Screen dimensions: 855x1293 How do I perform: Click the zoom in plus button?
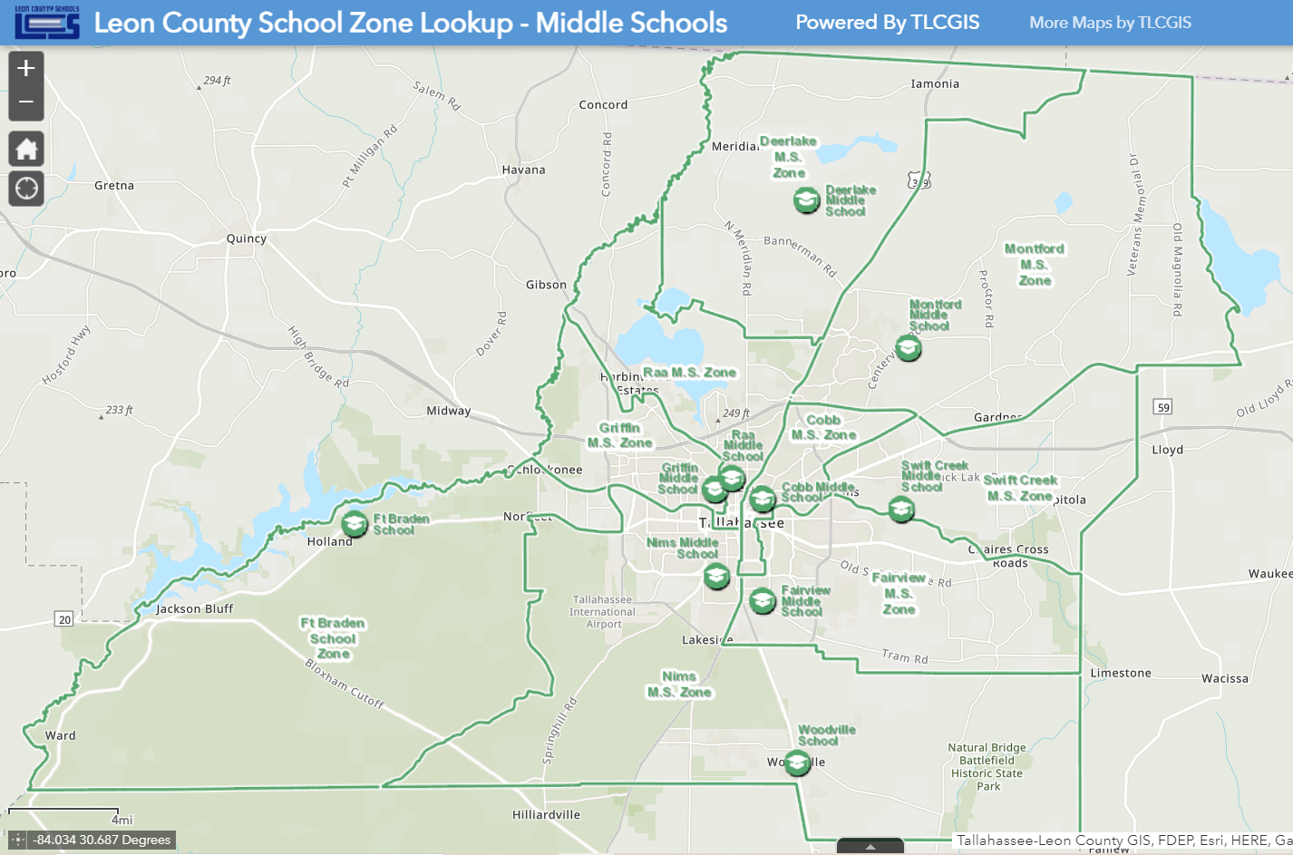click(x=26, y=68)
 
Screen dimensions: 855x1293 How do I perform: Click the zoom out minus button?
click(x=26, y=102)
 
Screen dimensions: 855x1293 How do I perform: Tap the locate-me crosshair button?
click(x=26, y=188)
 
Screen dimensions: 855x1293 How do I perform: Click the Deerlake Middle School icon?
click(x=806, y=200)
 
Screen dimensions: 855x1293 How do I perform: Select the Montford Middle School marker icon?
click(x=909, y=348)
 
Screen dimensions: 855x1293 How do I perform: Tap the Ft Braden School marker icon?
click(x=355, y=524)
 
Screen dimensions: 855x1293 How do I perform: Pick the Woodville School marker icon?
click(x=797, y=763)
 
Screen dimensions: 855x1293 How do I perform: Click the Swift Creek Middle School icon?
click(x=900, y=510)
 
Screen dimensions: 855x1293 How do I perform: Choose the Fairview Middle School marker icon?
click(x=763, y=600)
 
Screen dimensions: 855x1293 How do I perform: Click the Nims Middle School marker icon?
click(x=716, y=576)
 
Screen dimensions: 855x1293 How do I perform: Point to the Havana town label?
click(x=523, y=170)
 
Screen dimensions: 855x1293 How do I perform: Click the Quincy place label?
click(x=247, y=238)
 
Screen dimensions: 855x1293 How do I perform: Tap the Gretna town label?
click(x=114, y=186)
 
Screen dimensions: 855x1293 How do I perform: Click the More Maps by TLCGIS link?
click(x=1110, y=23)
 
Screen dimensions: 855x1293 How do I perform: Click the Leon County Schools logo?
click(x=47, y=23)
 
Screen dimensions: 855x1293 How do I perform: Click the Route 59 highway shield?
click(x=1163, y=407)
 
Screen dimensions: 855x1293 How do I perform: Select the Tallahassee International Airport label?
click(x=602, y=612)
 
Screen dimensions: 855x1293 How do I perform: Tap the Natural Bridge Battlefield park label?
click(x=987, y=767)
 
